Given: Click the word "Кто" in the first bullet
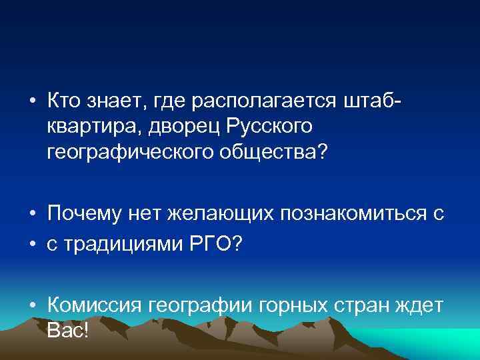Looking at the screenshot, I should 64,101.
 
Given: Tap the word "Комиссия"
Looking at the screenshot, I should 96,306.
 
